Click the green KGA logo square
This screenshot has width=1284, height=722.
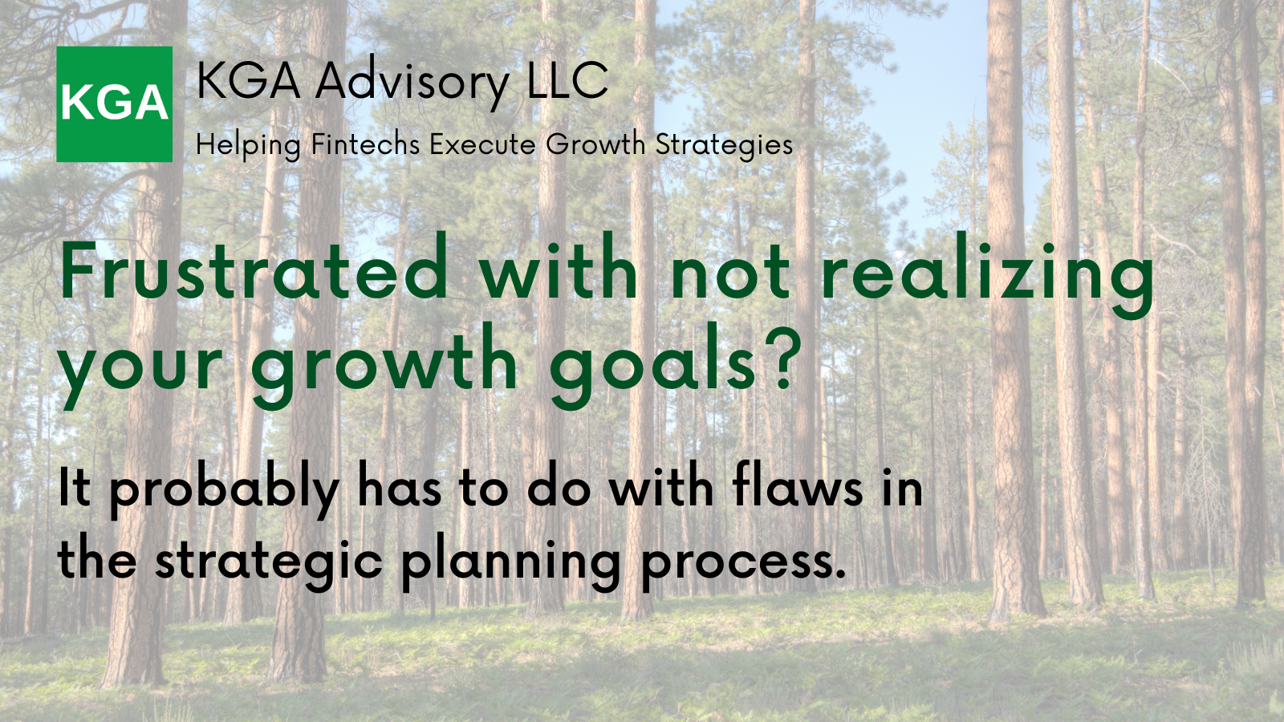115,103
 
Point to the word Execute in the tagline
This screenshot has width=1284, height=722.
482,144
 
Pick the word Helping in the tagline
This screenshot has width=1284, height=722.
248,145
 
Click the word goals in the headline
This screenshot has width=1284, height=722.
652,365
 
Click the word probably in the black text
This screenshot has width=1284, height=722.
224,488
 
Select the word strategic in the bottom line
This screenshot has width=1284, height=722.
268,562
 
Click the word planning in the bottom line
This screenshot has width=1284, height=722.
510,562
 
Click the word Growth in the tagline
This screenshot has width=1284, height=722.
595,144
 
